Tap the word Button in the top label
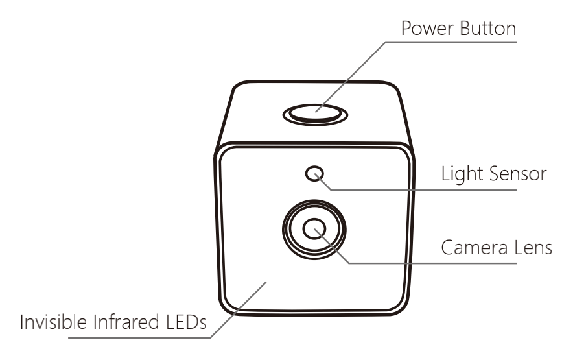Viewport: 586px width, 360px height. (488, 29)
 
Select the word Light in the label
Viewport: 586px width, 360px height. (462, 174)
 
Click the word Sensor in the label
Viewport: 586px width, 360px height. (517, 174)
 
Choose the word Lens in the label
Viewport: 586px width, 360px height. (533, 248)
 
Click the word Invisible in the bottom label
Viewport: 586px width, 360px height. (53, 322)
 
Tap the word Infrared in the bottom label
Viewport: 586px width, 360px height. (126, 322)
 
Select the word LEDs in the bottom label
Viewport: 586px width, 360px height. (186, 322)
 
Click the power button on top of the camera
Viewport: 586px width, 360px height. (315, 115)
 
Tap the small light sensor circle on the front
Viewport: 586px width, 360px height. (314, 174)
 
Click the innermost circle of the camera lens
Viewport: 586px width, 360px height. (314, 229)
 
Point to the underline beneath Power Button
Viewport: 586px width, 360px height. (451, 42)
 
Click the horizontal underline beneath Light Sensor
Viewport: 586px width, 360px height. (423, 190)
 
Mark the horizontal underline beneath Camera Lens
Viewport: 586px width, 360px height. (432, 263)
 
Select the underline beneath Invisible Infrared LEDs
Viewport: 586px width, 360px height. (139, 338)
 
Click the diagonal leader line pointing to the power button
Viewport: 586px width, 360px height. (350, 77)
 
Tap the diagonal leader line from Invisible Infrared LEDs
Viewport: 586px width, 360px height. (238, 310)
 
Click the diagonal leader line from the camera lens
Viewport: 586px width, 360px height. (331, 246)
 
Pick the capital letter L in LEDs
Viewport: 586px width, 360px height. (170, 322)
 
